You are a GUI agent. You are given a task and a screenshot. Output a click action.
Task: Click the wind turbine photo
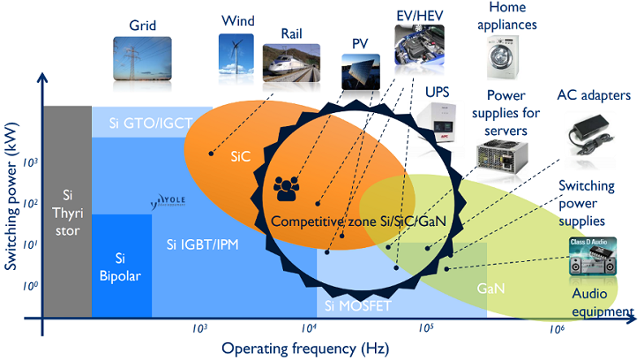pyautogui.click(x=236, y=51)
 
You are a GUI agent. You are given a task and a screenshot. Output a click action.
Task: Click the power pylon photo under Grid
pyautogui.click(x=142, y=55)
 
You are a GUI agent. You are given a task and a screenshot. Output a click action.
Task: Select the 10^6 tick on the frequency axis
pyautogui.click(x=557, y=328)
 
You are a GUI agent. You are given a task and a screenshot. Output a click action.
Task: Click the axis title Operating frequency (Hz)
pyautogui.click(x=294, y=348)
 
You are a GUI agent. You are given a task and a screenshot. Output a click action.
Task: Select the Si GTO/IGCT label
pyautogui.click(x=152, y=121)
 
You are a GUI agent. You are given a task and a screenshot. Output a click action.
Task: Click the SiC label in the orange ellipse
pyautogui.click(x=240, y=156)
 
